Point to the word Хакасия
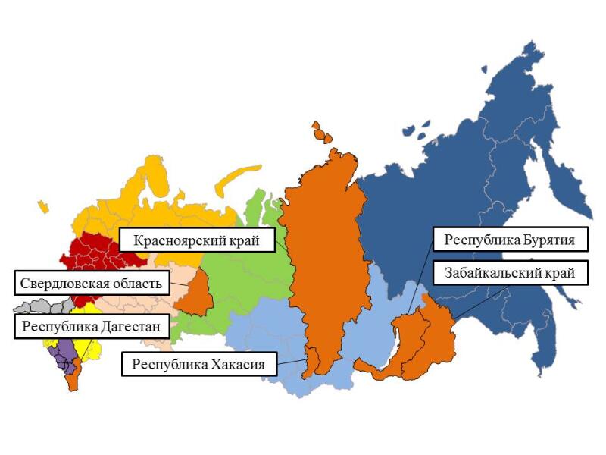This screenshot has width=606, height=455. tap(239, 364)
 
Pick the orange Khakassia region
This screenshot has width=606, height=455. tap(312, 362)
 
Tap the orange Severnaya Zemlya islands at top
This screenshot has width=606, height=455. tap(321, 132)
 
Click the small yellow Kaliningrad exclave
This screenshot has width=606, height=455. tap(43, 206)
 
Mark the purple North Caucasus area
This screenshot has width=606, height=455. tap(65, 353)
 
